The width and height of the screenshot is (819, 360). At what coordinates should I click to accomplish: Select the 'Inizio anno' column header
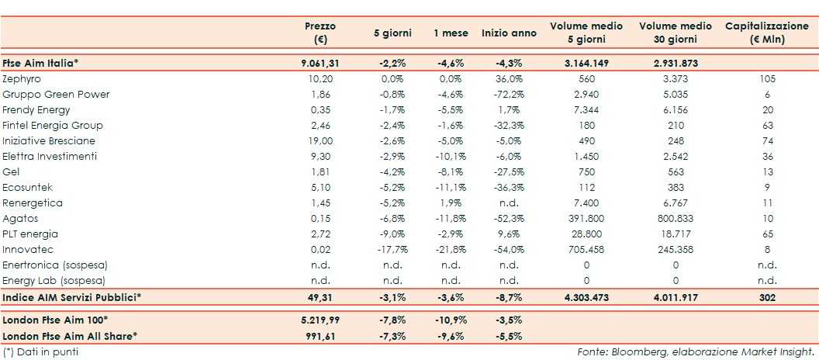508,33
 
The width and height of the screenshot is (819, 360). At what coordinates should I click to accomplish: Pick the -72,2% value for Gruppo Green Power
509,95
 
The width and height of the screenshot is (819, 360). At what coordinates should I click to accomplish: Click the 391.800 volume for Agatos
586,219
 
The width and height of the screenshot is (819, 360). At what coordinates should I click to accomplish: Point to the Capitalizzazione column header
766,33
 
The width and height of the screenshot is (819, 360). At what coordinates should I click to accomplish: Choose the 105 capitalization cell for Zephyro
766,79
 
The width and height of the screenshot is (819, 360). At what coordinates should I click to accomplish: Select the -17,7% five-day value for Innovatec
392,250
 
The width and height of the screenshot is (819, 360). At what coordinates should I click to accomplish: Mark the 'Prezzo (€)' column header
320,33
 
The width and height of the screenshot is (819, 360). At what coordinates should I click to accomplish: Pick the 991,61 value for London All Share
320,336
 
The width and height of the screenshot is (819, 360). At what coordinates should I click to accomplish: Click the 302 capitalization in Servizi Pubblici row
766,297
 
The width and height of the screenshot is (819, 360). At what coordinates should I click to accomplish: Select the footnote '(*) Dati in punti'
40,352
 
